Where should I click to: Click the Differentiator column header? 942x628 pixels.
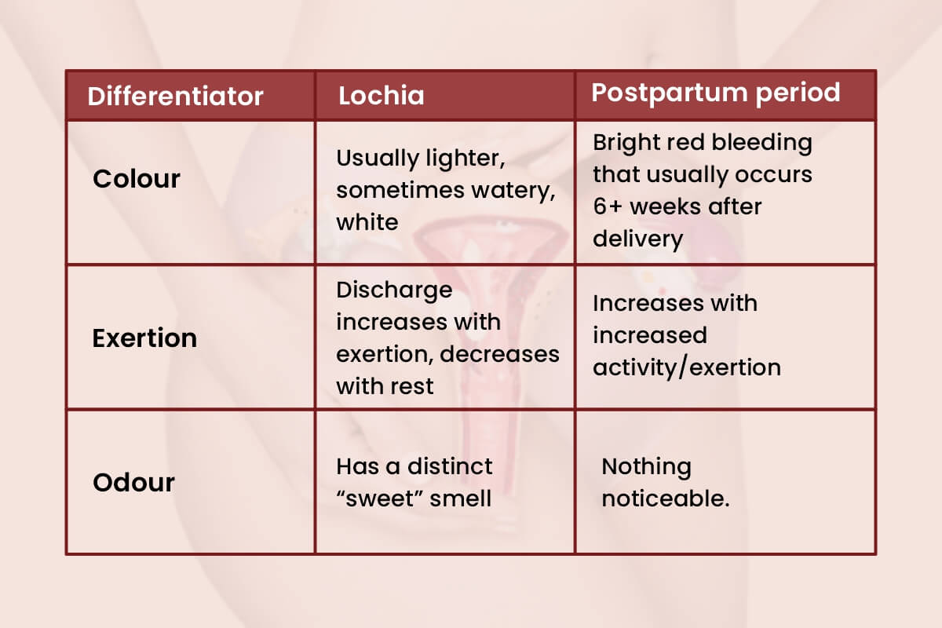pyautogui.click(x=175, y=96)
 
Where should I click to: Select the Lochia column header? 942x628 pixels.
pyautogui.click(x=381, y=95)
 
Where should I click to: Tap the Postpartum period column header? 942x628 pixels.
pyautogui.click(x=715, y=93)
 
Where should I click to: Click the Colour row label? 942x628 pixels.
pyautogui.click(x=137, y=179)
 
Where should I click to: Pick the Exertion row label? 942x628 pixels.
pyautogui.click(x=144, y=338)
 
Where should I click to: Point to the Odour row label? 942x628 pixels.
pyautogui.click(x=133, y=482)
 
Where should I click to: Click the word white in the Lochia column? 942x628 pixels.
pyautogui.click(x=367, y=222)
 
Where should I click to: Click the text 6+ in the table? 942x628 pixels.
pyautogui.click(x=608, y=206)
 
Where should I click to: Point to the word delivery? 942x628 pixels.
pyautogui.click(x=637, y=239)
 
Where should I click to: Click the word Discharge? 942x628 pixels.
pyautogui.click(x=394, y=290)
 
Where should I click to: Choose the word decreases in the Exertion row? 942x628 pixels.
pyautogui.click(x=500, y=354)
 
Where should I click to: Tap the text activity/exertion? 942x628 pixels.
pyautogui.click(x=686, y=367)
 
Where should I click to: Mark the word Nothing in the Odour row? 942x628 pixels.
pyautogui.click(x=646, y=467)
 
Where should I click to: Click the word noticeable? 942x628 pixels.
pyautogui.click(x=666, y=499)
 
